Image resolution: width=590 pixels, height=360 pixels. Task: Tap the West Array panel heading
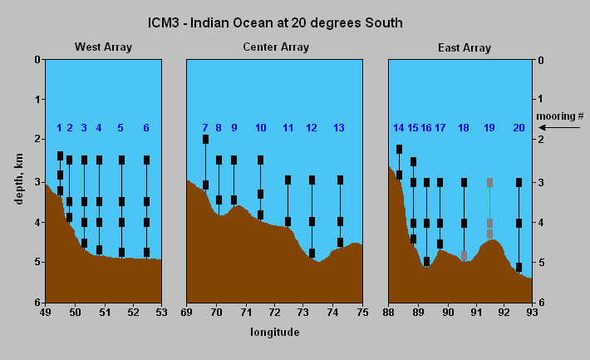tap(103, 47)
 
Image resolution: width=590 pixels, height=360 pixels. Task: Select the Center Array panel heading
tap(273, 47)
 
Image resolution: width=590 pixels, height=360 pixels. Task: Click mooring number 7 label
tap(205, 128)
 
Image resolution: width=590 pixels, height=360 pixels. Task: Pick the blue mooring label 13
tap(338, 128)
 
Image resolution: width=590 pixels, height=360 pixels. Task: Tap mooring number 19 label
tap(489, 128)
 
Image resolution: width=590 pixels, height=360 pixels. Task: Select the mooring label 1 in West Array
tap(59, 128)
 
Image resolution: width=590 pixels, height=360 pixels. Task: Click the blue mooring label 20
tap(519, 128)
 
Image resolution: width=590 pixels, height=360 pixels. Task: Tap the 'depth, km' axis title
tap(18, 180)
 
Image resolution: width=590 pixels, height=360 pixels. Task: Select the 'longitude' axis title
tap(274, 332)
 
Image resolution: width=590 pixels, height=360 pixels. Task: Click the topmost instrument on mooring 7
tap(205, 139)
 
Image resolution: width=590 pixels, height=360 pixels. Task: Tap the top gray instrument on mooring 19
tap(490, 182)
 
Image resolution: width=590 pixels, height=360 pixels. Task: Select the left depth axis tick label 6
tap(37, 302)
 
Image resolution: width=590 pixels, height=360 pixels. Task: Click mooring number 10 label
tap(260, 128)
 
